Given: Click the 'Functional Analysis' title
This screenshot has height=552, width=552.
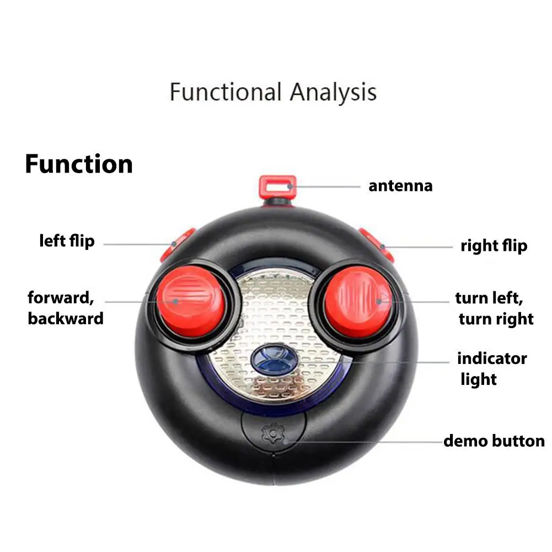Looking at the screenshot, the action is pyautogui.click(x=273, y=92).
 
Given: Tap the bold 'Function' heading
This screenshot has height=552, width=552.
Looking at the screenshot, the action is pyautogui.click(x=79, y=164).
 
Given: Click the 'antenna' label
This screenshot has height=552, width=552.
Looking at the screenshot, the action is pyautogui.click(x=400, y=186).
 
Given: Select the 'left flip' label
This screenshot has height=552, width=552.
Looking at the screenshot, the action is pyautogui.click(x=67, y=241).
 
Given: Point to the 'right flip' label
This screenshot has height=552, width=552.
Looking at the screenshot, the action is pyautogui.click(x=494, y=246).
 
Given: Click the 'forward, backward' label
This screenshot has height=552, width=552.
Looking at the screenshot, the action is pyautogui.click(x=66, y=308).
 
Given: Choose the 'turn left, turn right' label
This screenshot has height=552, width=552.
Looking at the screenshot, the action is pyautogui.click(x=494, y=308).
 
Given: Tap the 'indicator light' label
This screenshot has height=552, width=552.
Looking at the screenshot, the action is pyautogui.click(x=492, y=369).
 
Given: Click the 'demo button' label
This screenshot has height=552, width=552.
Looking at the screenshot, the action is pyautogui.click(x=494, y=441).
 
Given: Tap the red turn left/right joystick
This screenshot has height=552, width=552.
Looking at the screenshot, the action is pyautogui.click(x=358, y=302).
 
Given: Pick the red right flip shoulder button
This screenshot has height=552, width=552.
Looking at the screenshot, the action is pyautogui.click(x=377, y=245).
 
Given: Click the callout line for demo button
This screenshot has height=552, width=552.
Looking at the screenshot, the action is pyautogui.click(x=365, y=442).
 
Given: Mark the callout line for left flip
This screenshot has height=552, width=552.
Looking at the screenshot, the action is pyautogui.click(x=139, y=244).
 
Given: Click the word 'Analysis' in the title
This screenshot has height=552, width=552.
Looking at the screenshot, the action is pyautogui.click(x=334, y=92).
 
